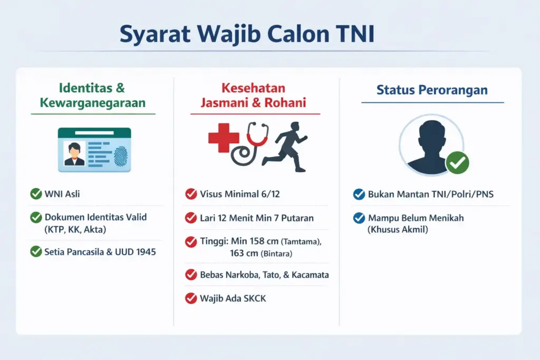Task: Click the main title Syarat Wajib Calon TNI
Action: [x=246, y=33]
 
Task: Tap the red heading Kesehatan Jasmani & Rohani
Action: [x=253, y=95]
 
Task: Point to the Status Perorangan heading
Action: [x=432, y=90]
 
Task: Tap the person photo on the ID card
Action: [x=74, y=153]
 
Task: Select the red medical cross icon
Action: [x=224, y=138]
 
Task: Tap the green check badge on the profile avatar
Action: [x=457, y=163]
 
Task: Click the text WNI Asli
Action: [x=63, y=194]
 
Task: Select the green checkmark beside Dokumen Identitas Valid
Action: [x=36, y=217]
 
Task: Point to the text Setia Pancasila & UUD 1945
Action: [x=100, y=251]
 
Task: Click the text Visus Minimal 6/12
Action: [x=239, y=194]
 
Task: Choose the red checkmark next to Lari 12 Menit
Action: [x=191, y=217]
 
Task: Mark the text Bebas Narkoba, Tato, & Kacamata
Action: [x=264, y=275]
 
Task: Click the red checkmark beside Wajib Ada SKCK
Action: [x=191, y=298]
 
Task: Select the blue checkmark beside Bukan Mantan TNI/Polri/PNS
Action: [x=359, y=194]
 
